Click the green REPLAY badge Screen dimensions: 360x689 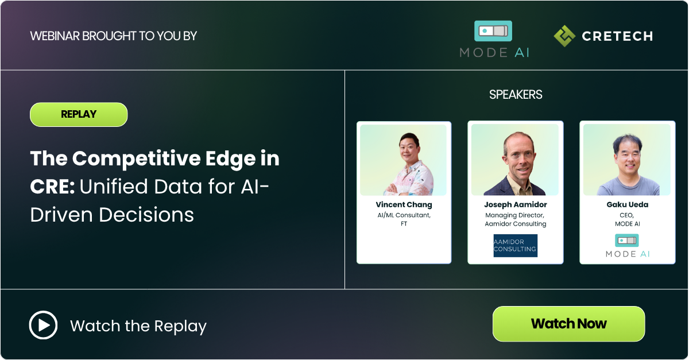click(x=79, y=114)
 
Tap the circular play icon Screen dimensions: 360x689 click(x=43, y=326)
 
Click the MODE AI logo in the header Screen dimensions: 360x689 click(x=494, y=39)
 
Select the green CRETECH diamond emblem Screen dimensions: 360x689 click(x=564, y=36)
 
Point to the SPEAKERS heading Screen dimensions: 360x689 click(x=516, y=95)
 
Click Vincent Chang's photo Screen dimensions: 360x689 click(x=403, y=160)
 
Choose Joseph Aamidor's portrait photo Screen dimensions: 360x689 click(x=515, y=160)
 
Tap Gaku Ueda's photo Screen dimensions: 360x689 click(x=626, y=160)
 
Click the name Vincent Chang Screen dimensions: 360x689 click(x=404, y=205)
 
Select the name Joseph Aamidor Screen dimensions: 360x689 click(x=516, y=205)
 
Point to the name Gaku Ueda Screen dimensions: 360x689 click(x=626, y=205)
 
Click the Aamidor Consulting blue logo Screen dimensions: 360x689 click(x=516, y=245)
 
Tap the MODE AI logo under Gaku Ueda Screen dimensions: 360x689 click(x=627, y=246)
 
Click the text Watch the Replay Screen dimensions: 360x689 click(x=138, y=326)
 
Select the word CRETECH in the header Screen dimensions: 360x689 click(x=617, y=36)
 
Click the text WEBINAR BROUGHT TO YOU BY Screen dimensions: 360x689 click(x=113, y=36)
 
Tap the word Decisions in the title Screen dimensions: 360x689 click(x=146, y=214)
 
